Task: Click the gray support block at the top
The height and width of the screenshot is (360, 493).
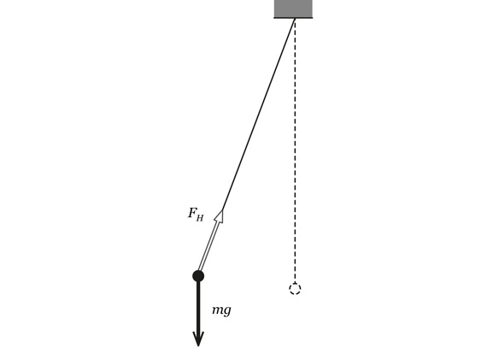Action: (293, 9)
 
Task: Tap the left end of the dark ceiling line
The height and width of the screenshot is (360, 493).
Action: (274, 18)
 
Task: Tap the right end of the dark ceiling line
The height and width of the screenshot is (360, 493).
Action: (313, 18)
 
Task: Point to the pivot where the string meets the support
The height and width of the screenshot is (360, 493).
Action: (295, 19)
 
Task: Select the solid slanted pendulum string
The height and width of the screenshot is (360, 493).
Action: (258, 115)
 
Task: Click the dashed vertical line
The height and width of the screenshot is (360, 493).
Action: (295, 151)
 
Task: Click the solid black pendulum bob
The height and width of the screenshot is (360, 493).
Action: (198, 276)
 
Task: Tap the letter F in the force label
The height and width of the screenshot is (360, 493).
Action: (192, 213)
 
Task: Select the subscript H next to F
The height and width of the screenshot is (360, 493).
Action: (200, 217)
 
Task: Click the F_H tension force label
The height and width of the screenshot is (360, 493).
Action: (196, 215)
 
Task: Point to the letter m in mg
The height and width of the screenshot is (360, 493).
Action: (218, 310)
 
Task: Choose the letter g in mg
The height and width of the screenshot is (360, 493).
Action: (227, 310)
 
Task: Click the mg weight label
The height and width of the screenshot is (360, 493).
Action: (221, 311)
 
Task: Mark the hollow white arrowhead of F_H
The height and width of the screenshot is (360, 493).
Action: (220, 216)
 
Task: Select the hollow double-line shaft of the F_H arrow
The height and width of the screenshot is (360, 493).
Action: (208, 246)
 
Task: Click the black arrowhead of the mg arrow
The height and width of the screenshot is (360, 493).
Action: (198, 339)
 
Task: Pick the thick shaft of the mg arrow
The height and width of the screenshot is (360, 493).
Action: (198, 307)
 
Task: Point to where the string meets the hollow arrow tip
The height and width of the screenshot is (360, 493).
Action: (222, 210)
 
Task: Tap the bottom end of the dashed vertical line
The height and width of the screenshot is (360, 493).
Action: (295, 282)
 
